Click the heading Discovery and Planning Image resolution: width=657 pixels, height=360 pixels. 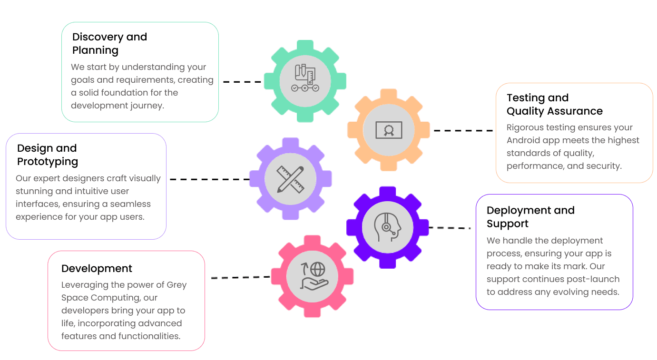pyautogui.click(x=109, y=43)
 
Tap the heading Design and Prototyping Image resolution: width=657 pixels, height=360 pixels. pyautogui.click(x=47, y=155)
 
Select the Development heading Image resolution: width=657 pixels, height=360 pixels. pyautogui.click(x=97, y=269)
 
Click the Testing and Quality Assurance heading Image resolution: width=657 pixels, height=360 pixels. pyautogui.click(x=554, y=104)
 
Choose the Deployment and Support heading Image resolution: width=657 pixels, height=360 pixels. pyautogui.click(x=530, y=217)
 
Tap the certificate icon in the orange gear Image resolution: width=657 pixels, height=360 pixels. pyautogui.click(x=389, y=130)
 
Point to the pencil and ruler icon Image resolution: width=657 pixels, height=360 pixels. pyautogui.click(x=290, y=179)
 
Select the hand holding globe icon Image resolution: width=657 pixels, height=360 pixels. pyautogui.click(x=313, y=276)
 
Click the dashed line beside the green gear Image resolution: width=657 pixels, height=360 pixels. pyautogui.click(x=242, y=82)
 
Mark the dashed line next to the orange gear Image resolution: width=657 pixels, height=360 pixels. pyautogui.click(x=463, y=130)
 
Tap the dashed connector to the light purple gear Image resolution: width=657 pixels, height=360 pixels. pyautogui.click(x=209, y=179)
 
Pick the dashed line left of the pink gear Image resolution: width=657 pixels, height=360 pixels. pyautogui.click(x=240, y=277)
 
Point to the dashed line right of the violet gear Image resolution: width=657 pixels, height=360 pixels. pyautogui.click(x=450, y=228)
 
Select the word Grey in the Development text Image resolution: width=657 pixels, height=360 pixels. pyautogui.click(x=177, y=285)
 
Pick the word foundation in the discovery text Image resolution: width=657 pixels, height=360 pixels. pyautogui.click(x=124, y=93)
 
